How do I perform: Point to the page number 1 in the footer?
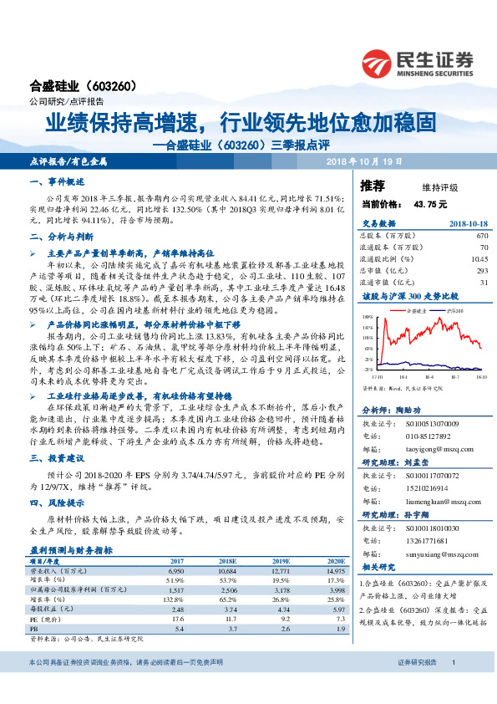pos(452,686)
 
